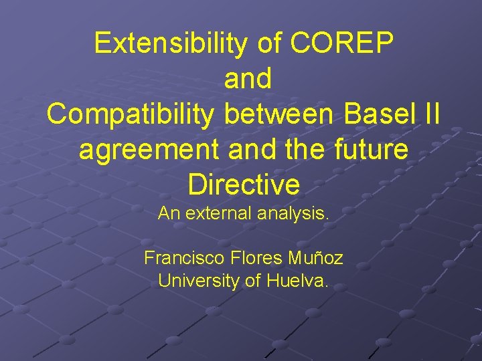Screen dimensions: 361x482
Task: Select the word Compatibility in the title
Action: click(130, 114)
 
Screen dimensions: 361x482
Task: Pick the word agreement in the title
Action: click(149, 150)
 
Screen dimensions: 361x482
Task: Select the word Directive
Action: click(244, 185)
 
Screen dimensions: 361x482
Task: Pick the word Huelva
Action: click(297, 281)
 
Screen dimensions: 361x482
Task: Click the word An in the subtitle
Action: click(167, 215)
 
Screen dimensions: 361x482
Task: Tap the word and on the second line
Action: click(248, 79)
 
